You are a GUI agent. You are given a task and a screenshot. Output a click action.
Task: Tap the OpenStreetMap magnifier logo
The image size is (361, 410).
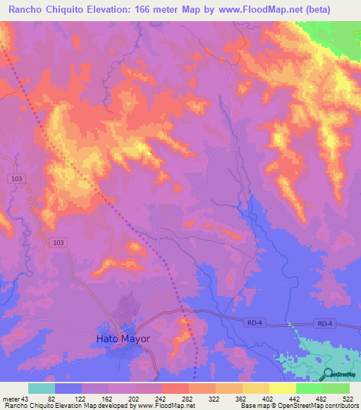coord(327,374)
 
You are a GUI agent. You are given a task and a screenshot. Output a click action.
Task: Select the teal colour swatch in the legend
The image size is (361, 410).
coord(42,389)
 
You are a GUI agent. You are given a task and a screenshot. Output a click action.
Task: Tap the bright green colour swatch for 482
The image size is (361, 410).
coord(310,389)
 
